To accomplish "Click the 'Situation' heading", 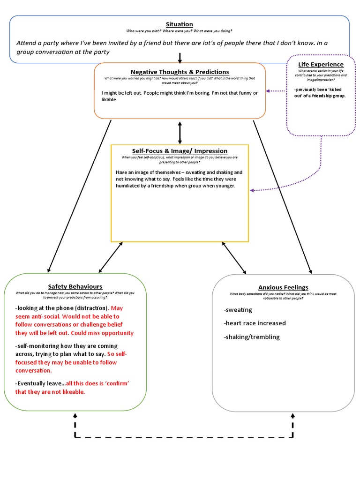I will click(x=180, y=24).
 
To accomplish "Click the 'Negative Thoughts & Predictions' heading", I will click(x=180, y=72).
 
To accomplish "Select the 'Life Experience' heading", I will click(x=321, y=64).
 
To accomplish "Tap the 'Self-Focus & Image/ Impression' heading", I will click(x=180, y=151).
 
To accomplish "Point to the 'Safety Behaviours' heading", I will click(x=75, y=286).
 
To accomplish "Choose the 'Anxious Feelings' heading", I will click(x=283, y=287).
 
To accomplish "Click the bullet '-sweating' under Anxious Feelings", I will click(x=238, y=310).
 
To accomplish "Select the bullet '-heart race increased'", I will click(x=255, y=323).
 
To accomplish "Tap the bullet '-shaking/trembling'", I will click(x=252, y=337).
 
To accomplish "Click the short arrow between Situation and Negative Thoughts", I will click(x=180, y=58).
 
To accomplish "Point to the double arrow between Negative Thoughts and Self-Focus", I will click(x=180, y=133).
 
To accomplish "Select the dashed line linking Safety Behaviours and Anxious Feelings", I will click(x=184, y=437).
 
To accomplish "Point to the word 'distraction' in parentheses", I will click(x=91, y=308).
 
